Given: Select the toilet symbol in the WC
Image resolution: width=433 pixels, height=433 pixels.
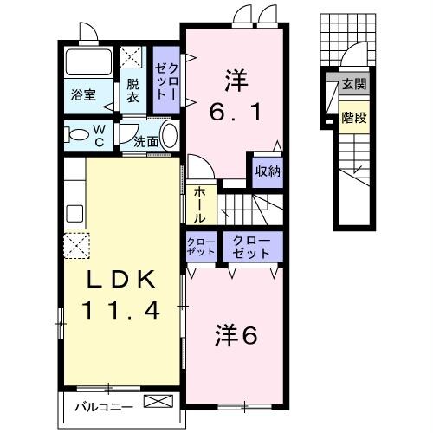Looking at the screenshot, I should point(78,135).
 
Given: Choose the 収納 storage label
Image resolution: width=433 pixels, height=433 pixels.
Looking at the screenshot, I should point(266,171).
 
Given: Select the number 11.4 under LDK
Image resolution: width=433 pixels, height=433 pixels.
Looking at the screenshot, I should point(121,309).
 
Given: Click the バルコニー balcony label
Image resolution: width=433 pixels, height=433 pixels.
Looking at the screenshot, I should point(101,404).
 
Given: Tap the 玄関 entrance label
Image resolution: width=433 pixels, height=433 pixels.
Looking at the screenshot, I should point(352,84).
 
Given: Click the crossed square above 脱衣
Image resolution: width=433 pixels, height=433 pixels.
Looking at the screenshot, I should point(132,59).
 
